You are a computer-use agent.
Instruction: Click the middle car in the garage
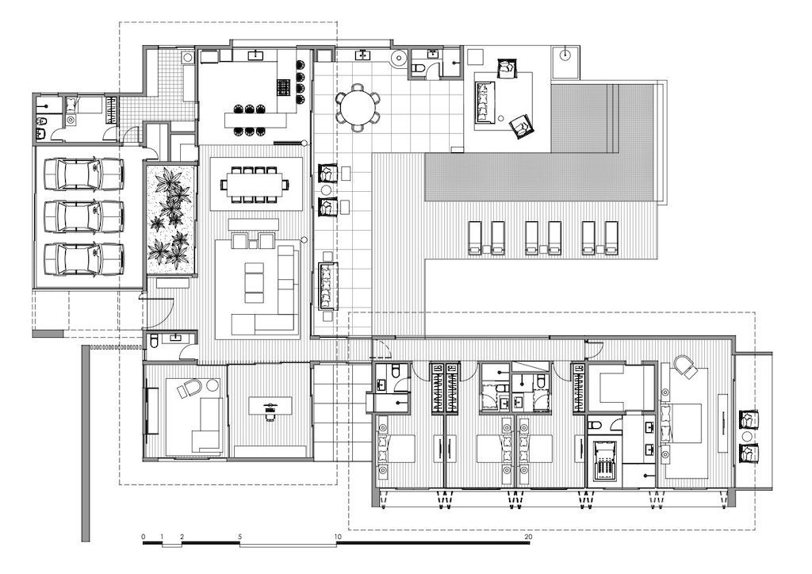(84, 216)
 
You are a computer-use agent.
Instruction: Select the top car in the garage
(84, 174)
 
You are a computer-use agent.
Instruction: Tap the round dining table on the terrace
(357, 108)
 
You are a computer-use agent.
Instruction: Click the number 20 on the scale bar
(528, 537)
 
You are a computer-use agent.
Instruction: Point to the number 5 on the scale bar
(240, 537)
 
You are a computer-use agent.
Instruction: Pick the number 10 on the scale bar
(338, 537)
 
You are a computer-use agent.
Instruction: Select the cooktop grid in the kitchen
(285, 87)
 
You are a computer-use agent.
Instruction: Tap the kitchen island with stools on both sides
(255, 121)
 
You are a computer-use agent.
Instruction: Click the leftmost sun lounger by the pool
(475, 238)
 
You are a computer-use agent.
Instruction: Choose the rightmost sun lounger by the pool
(611, 238)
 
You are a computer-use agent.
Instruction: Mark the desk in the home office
(270, 405)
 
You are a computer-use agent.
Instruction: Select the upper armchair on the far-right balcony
(749, 419)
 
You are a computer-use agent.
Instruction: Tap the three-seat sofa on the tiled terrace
(327, 286)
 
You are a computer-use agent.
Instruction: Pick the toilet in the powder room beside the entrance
(155, 341)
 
